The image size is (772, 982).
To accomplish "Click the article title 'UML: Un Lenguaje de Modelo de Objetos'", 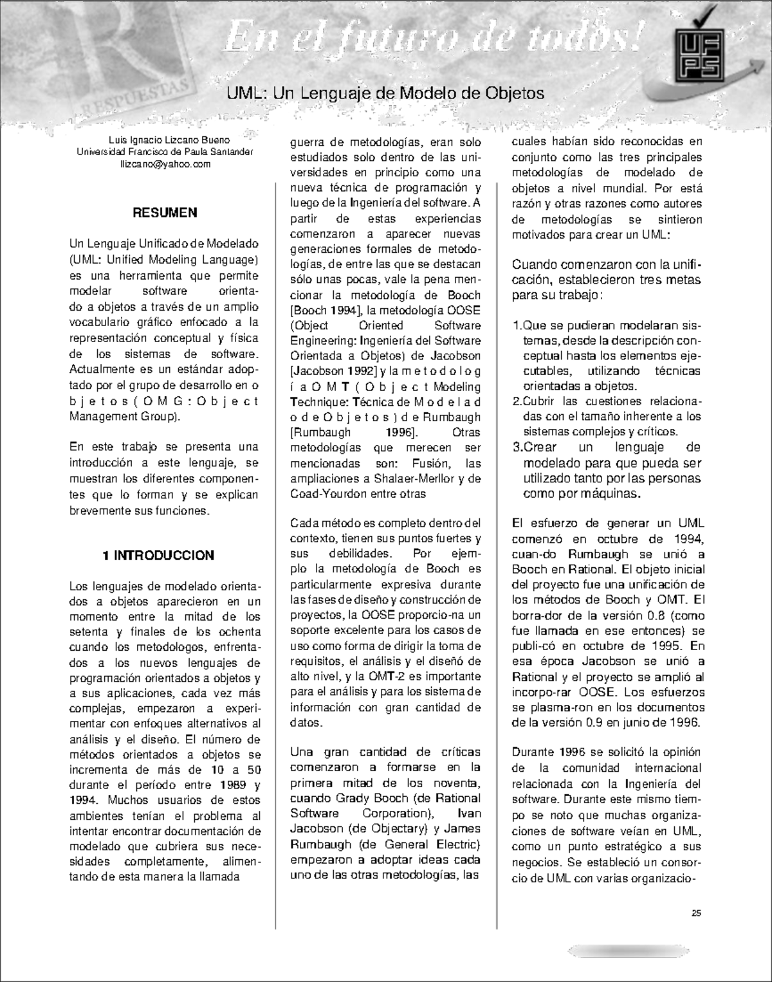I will click(x=385, y=93).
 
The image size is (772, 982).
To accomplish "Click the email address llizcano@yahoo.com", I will click(x=165, y=165).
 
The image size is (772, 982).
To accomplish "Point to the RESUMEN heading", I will click(x=165, y=213).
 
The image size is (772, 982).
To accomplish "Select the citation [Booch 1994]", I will click(x=321, y=310).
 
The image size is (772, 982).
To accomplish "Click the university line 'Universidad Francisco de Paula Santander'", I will click(x=165, y=152).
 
